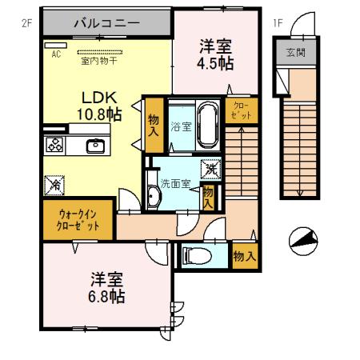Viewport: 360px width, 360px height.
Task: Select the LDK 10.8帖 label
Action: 99,105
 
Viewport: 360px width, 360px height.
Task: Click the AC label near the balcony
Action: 56,54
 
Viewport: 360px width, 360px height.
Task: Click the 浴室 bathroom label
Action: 181,126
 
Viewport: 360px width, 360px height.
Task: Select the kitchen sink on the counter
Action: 95,145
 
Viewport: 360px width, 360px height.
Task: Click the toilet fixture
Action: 195,257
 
